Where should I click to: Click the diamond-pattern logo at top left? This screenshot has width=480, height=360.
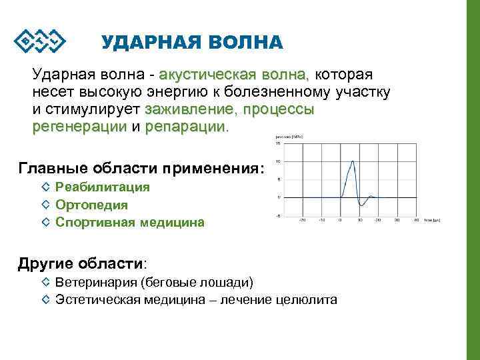coord(39,41)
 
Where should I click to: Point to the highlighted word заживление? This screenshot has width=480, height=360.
coord(190,109)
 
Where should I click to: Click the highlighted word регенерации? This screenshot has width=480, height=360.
coord(79,126)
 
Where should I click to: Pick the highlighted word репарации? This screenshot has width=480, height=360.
coord(185,126)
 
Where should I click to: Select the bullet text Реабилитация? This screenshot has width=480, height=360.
coord(103,187)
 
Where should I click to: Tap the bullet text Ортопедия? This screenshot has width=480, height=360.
coord(91,205)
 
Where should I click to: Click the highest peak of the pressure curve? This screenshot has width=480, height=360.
coord(352,162)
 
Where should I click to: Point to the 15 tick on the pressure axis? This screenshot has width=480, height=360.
coord(277,143)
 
